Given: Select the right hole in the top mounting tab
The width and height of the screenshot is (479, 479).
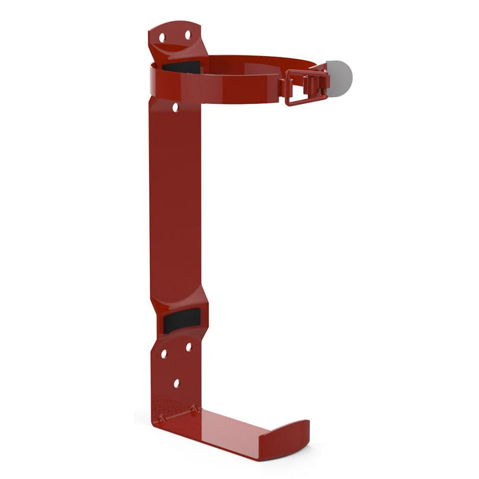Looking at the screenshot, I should tap(187, 34).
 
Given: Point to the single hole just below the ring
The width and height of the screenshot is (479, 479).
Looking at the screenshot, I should tap(175, 107).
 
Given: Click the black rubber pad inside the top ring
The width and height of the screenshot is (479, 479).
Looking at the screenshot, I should tap(182, 67).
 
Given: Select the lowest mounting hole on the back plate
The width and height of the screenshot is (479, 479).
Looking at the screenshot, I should tap(176, 384).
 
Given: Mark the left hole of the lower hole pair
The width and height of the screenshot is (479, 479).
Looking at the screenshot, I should tap(164, 354).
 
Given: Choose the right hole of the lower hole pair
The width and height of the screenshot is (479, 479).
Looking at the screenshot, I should tap(188, 347).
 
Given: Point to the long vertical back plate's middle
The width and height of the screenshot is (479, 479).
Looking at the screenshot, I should tap(177, 205).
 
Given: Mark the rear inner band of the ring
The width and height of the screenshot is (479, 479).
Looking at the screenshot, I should tap(253, 62).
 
